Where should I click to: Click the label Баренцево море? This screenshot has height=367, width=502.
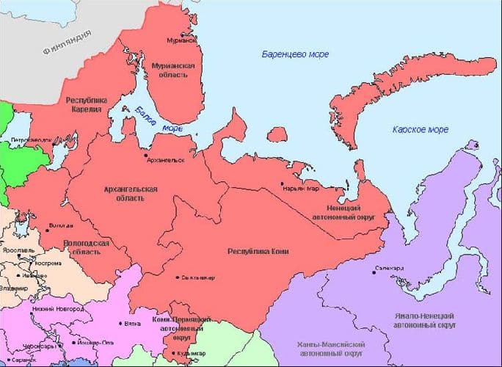pos(295,55)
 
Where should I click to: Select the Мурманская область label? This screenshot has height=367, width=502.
pos(172,70)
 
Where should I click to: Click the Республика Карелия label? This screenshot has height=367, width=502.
pos(87,104)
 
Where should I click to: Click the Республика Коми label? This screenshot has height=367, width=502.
pos(258,252)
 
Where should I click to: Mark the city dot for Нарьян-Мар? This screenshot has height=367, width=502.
pos(282,183)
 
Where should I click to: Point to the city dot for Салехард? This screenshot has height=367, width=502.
pos(374,273)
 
